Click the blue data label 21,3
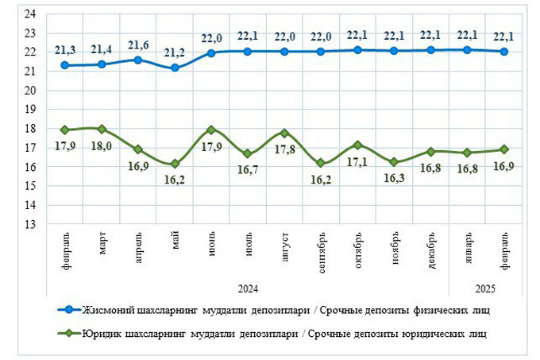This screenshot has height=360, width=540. tap(65, 50)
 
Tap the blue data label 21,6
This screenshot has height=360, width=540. tap(138, 45)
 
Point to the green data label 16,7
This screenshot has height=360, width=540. tap(249, 169)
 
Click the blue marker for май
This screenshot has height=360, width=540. tap(175, 68)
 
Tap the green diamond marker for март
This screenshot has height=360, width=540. tap(102, 129)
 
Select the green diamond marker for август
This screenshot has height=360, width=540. tap(284, 134)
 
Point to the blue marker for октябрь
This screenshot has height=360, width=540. tap(357, 50)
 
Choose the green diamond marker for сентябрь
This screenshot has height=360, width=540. tap(321, 163)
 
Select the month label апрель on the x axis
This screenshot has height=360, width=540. tap(138, 249)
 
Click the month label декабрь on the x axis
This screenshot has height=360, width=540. tap(430, 249)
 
